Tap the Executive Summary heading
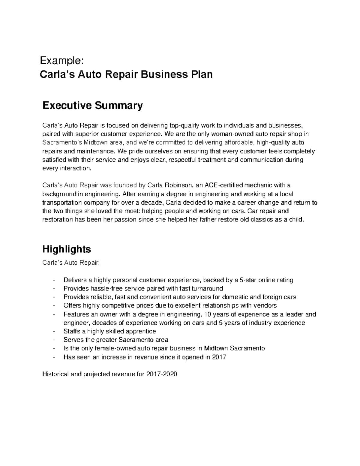(x=92, y=106)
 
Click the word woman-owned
(x=229, y=134)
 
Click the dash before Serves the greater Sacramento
(x=53, y=340)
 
